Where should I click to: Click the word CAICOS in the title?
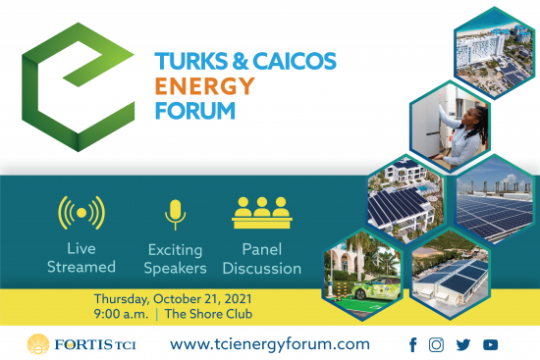[291, 61]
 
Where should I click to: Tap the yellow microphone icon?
[175, 215]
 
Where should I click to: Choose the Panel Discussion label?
[265, 259]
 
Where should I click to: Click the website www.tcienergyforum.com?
[270, 343]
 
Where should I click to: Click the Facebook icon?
[412, 344]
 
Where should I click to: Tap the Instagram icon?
[437, 344]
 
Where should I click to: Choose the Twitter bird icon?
[463, 344]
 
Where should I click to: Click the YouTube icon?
[490, 344]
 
